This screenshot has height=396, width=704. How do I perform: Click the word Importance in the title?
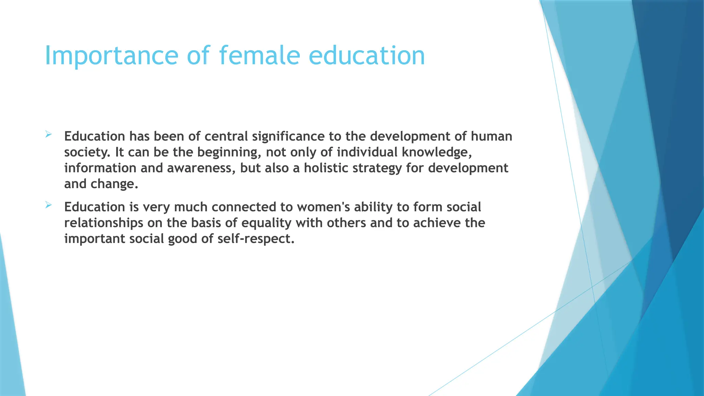click(111, 56)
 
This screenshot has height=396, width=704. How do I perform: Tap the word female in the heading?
click(259, 56)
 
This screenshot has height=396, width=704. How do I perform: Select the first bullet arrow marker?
click(48, 134)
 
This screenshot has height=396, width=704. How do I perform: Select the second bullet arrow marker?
click(48, 205)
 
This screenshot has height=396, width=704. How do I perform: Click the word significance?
click(288, 137)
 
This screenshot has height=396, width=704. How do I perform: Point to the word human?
click(491, 137)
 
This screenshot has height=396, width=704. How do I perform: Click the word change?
click(114, 184)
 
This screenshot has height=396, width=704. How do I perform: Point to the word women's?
click(323, 207)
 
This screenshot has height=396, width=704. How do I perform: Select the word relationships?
click(104, 223)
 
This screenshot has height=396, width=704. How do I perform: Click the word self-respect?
click(256, 239)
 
